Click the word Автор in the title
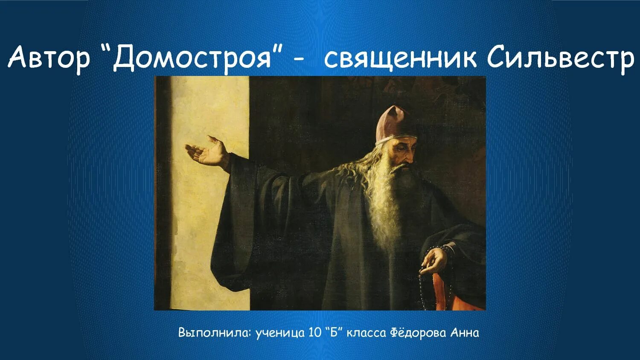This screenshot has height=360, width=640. click(x=49, y=58)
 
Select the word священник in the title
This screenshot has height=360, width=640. click(x=400, y=58)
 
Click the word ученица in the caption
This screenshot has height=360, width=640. click(x=280, y=333)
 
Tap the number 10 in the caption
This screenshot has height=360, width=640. click(x=314, y=333)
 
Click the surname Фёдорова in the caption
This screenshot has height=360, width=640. click(x=418, y=332)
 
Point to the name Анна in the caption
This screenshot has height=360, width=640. click(x=465, y=332)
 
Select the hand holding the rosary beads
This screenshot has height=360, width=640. click(x=434, y=259)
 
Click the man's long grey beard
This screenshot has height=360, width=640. click(x=386, y=200)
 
